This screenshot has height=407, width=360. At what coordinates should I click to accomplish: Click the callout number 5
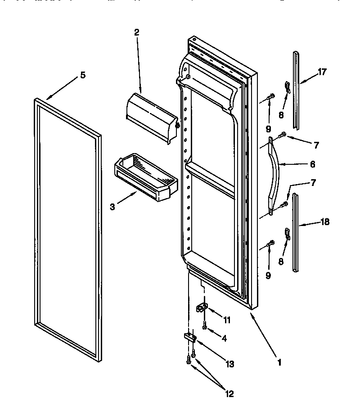point(82,76)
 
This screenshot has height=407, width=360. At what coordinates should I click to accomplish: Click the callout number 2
point(136,32)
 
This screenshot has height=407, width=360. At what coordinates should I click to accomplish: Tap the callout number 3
point(112,207)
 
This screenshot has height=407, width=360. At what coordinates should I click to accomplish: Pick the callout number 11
point(227,321)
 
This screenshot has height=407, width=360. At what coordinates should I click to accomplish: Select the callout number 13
point(230,365)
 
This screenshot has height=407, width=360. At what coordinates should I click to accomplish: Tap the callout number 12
point(229,394)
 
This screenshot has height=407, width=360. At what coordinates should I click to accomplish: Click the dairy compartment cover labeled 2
point(151,118)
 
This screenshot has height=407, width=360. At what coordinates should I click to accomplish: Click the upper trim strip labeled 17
point(296,90)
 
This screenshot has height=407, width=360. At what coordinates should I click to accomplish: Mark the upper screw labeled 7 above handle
point(284,134)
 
